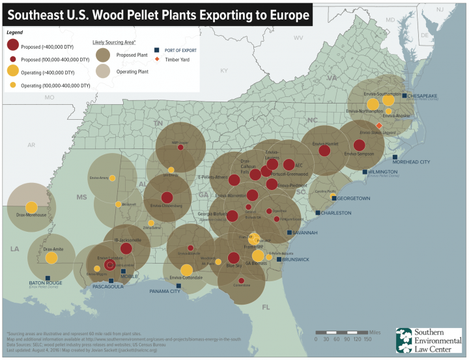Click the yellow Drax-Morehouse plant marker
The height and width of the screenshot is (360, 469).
pos(31,208)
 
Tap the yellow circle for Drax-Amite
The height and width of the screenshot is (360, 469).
pos(51,258)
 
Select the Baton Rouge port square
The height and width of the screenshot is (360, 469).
pos(47,278)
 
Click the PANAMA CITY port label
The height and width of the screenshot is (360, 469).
pos(165,291)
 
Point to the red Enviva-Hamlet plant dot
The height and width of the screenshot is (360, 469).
pos(324,150)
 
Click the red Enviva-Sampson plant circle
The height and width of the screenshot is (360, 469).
pos(359,145)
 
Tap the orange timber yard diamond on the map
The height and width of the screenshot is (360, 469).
pos(379,126)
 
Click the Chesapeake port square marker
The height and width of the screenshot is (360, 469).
pos(404,96)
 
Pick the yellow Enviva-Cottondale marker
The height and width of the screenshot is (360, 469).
pos(186,270)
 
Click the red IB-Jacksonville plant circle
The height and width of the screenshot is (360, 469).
pos(126,248)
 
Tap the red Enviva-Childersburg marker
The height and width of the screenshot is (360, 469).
pos(167,198)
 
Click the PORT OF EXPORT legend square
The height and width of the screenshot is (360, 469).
pos(157,50)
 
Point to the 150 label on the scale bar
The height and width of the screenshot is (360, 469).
pos(367,339)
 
